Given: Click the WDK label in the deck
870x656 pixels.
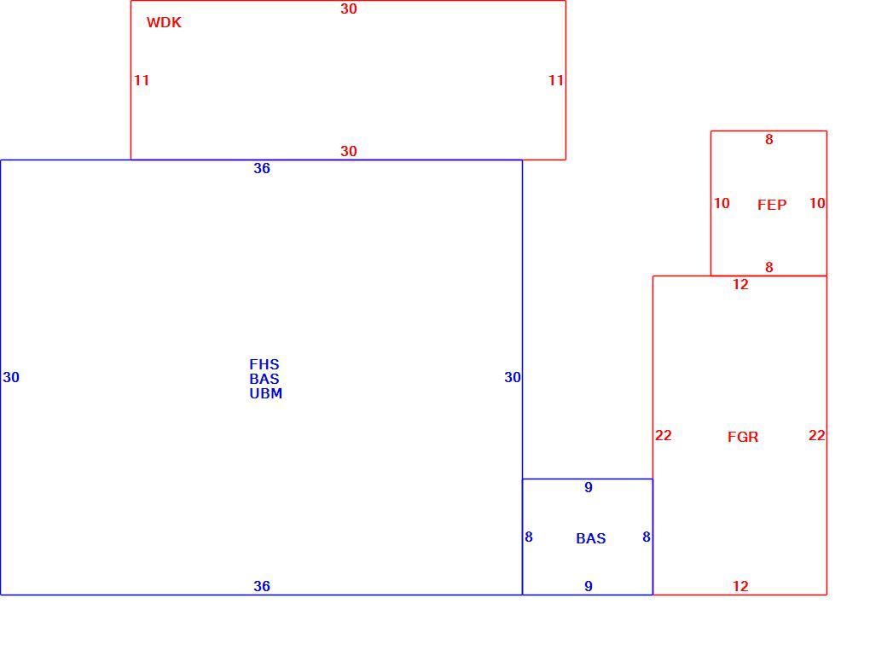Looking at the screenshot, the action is (x=164, y=23).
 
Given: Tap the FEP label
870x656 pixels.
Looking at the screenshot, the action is (x=772, y=205).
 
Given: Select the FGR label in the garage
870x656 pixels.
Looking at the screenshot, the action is (x=742, y=437).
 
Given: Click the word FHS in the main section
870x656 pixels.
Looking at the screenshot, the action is (x=264, y=364).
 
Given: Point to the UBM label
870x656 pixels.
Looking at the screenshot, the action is (x=266, y=393).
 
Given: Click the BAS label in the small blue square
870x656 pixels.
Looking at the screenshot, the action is (x=591, y=538).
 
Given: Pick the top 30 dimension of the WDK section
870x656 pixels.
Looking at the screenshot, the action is (x=349, y=9).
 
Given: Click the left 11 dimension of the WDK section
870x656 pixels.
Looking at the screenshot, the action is (x=142, y=80).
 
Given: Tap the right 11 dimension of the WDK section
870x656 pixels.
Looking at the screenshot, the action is (x=556, y=80).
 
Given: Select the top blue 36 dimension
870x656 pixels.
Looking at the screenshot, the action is (x=262, y=168).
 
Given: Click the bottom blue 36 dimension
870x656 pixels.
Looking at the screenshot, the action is (x=262, y=586).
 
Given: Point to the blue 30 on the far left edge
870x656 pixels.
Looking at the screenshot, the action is (x=11, y=377).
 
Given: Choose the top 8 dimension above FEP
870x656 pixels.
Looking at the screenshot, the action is (x=769, y=139).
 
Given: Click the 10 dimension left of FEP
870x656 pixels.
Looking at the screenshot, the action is (x=722, y=203).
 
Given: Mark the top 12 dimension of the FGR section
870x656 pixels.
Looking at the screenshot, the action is (x=740, y=285).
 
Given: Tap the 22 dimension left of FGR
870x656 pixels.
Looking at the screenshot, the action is (x=663, y=435).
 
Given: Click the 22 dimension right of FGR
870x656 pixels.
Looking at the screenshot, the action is (x=817, y=435).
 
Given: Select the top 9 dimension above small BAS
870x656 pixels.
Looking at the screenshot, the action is (x=589, y=487).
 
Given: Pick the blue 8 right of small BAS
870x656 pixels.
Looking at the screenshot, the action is (x=647, y=537).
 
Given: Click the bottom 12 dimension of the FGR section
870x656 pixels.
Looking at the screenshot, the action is (x=740, y=586).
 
